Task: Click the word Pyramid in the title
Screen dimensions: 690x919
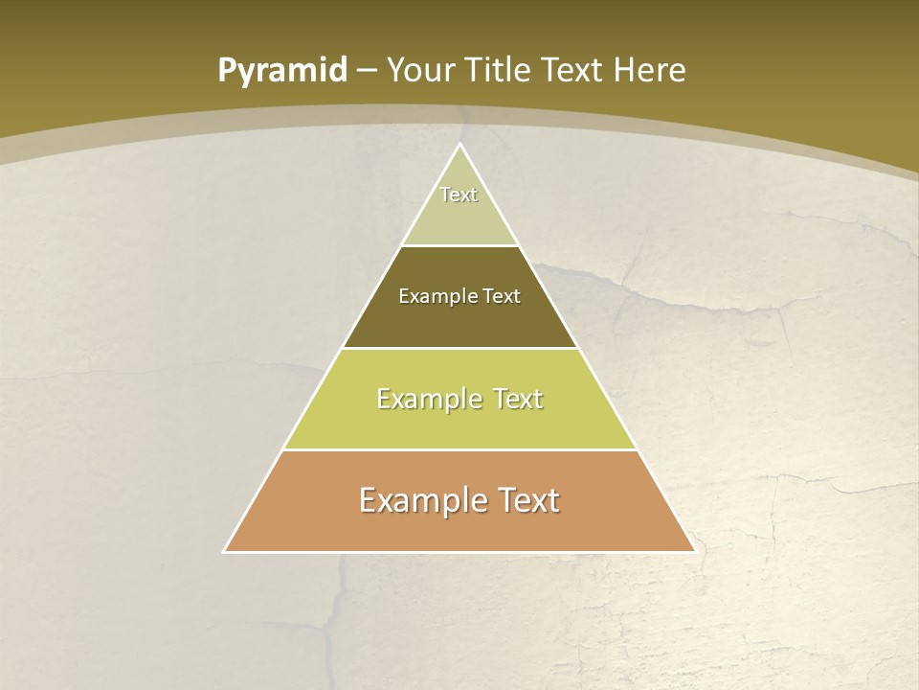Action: (282, 71)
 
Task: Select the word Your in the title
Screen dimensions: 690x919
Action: (421, 71)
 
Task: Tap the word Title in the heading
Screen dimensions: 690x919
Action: (501, 71)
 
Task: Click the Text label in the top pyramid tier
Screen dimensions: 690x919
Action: (459, 195)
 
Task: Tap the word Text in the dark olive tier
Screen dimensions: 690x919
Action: (502, 297)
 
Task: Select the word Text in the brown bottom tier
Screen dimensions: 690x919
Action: (524, 501)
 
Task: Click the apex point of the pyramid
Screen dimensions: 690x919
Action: (459, 145)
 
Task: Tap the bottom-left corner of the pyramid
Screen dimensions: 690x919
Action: (224, 552)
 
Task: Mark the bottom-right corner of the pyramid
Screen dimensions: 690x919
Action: (695, 552)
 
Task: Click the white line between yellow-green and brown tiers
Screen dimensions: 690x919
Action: (459, 450)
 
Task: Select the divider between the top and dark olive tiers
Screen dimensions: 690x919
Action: (459, 246)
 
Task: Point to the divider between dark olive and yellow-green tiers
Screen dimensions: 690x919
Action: (459, 348)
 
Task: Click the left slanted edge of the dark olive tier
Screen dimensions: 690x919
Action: (371, 297)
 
